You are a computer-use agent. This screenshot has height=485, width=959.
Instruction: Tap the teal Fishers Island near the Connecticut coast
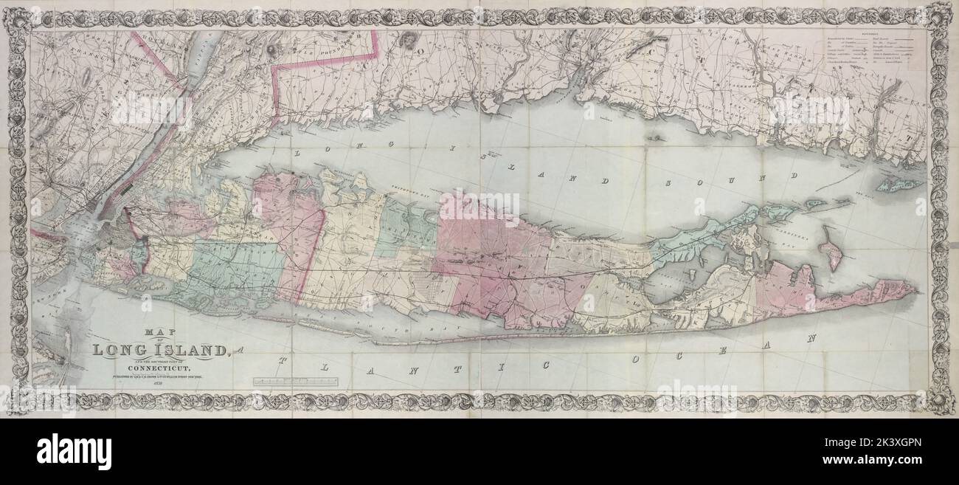pos(899,185)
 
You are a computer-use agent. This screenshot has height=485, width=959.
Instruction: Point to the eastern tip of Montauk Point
pos(917,289)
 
